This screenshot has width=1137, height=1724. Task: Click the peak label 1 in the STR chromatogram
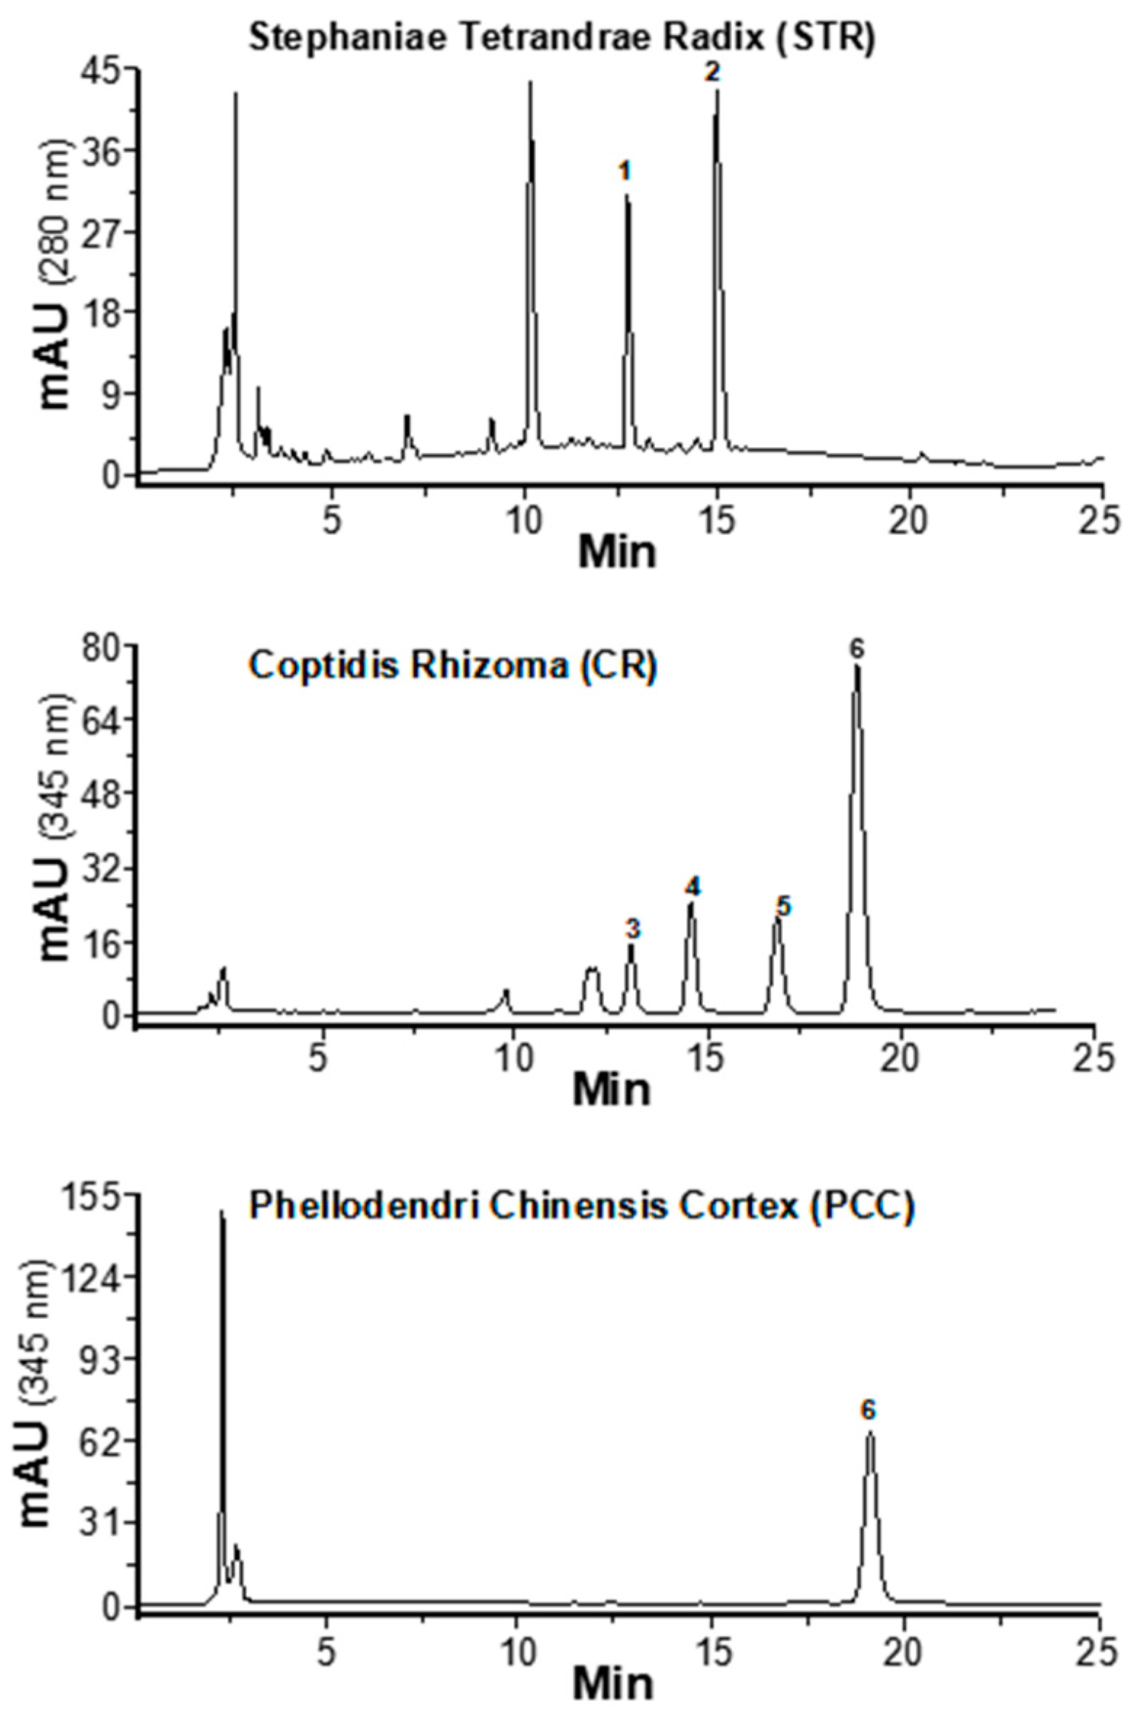coord(624,171)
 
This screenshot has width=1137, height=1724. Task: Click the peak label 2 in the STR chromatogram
coord(712,72)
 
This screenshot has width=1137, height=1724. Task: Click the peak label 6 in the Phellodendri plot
coord(868,1389)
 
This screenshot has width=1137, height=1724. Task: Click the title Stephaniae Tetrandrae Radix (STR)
coord(561,36)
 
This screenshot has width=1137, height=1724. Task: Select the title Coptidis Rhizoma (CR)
coord(453,665)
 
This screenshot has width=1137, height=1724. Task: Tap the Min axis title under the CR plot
coord(611,1089)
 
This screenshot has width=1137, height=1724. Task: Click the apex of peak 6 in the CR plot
coord(857,666)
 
